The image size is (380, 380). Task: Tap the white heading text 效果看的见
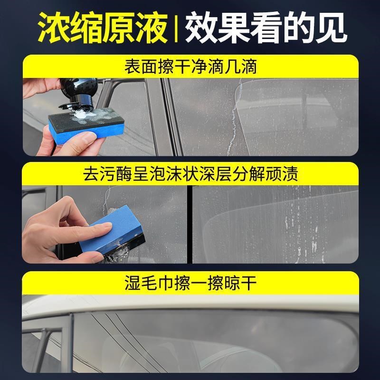click(x=266, y=28)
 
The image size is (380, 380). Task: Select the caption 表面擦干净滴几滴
click(x=190, y=66)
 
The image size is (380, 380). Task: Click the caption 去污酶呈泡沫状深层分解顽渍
click(x=190, y=174)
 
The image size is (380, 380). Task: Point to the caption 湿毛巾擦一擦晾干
click(x=190, y=283)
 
